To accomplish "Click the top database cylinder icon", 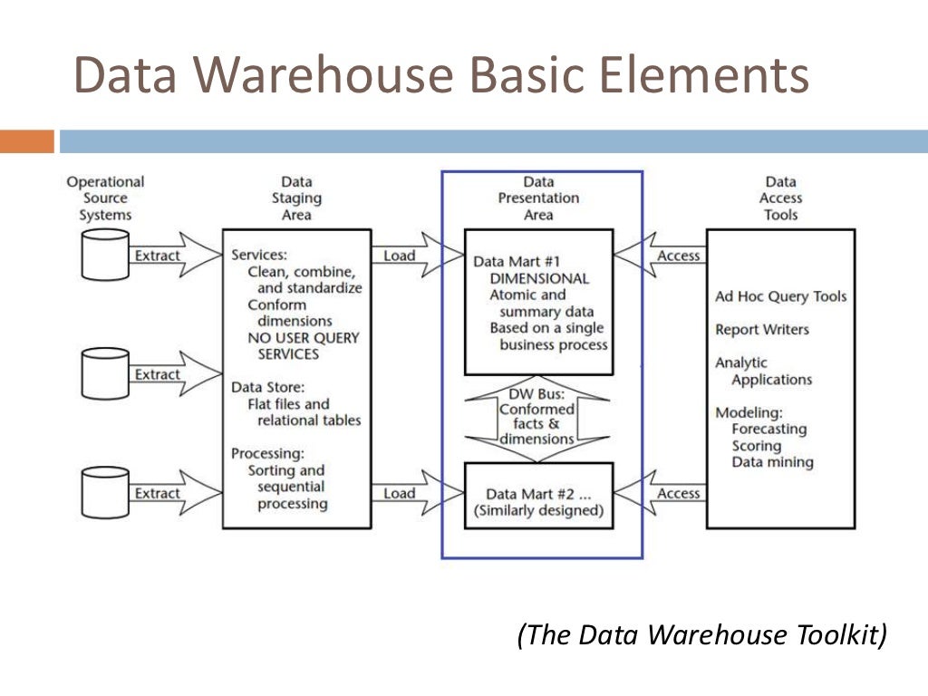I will coord(105,255).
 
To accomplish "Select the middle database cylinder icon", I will coord(105,373).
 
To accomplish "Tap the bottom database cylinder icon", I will coord(105,492).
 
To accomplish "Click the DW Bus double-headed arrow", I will coord(538,418).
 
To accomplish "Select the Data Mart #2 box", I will coord(538,501).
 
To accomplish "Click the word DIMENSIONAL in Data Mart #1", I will coord(539,278).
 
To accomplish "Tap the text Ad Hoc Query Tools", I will coord(781,296).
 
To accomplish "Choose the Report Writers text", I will coord(762,330).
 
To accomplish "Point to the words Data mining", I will coord(773,462).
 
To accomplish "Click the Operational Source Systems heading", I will coord(105,198).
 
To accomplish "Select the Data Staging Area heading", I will coord(296,198).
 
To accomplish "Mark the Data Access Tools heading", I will coord(781,198).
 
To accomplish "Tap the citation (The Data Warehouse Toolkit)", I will coord(702,634).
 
